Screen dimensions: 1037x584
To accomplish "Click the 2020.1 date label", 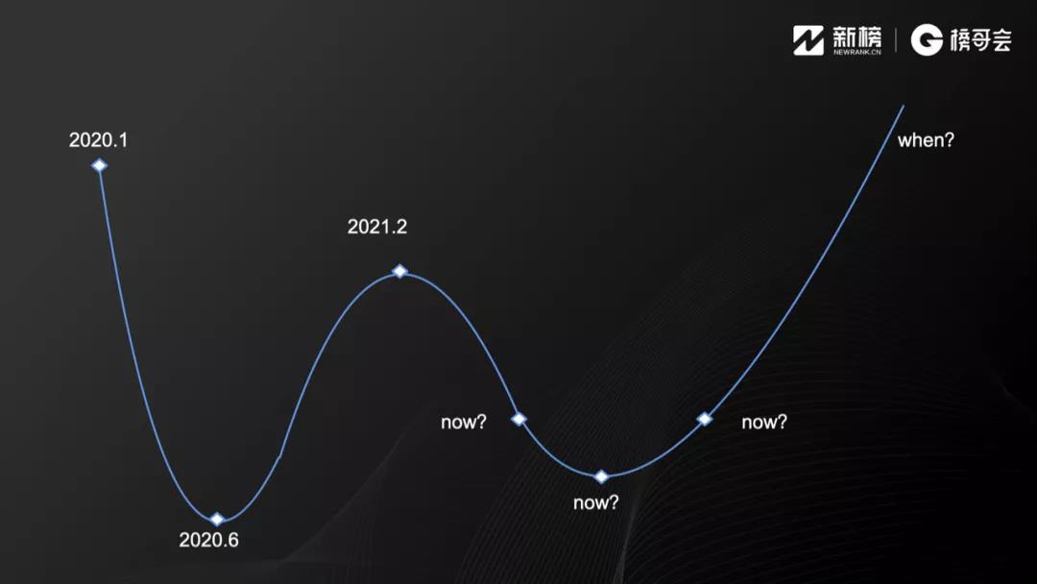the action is click(x=99, y=140).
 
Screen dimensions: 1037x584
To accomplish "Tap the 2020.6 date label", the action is click(x=209, y=541).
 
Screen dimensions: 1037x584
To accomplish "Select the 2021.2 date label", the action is click(x=377, y=227).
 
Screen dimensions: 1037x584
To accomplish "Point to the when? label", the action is click(x=926, y=140).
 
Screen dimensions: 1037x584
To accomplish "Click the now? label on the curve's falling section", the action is click(x=464, y=422).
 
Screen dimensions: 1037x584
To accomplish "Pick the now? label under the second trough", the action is click(x=596, y=502).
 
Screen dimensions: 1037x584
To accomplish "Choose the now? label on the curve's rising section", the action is click(x=764, y=422).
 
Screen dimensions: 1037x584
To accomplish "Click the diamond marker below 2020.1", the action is click(x=99, y=165).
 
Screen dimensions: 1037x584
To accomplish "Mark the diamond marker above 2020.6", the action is click(x=217, y=520).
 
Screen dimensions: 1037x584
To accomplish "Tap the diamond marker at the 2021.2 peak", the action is click(x=399, y=271).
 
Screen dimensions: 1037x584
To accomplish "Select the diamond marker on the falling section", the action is click(x=519, y=419).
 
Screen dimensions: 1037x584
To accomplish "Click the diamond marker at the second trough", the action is click(x=601, y=476).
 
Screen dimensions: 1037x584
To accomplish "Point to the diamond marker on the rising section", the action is click(x=705, y=419).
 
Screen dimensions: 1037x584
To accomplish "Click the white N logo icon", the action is click(x=808, y=40).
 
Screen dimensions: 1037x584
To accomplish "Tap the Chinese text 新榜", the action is click(x=857, y=36).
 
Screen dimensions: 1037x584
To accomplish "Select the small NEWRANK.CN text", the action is click(x=857, y=52).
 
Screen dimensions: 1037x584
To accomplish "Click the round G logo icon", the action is click(x=927, y=39).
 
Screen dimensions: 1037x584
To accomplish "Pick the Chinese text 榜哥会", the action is click(x=980, y=40).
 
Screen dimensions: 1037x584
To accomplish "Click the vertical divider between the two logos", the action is click(x=896, y=39).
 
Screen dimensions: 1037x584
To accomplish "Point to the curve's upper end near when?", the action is click(x=903, y=106).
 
